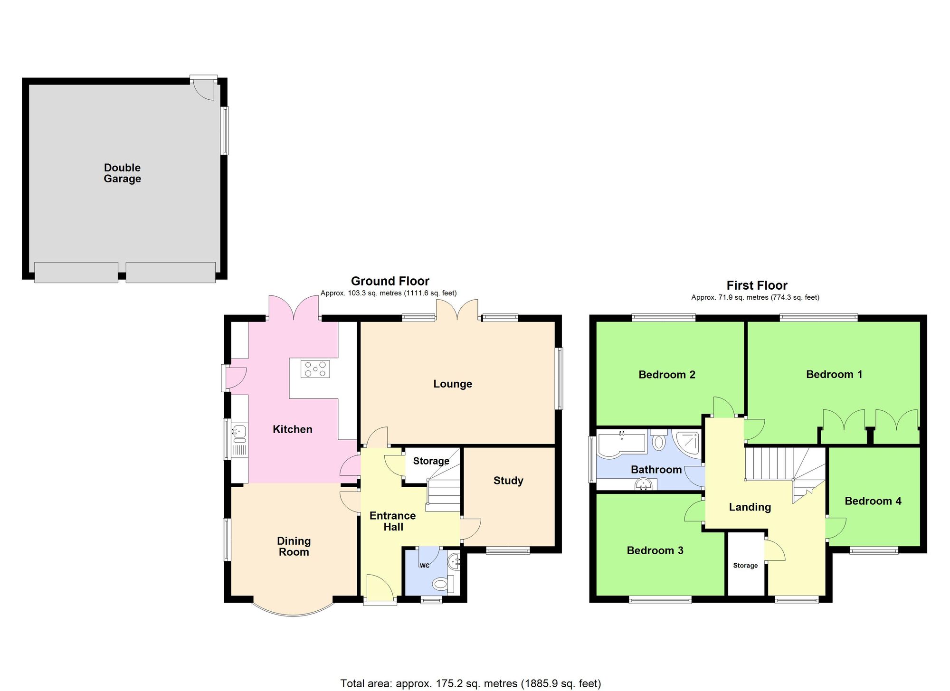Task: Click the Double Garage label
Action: point(123,173)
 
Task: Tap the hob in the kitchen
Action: point(315,369)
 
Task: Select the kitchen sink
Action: point(239,432)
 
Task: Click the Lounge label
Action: point(453,384)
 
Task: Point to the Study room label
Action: point(508,481)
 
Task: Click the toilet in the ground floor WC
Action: point(440,583)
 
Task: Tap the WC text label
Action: point(425,566)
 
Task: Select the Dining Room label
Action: point(294,546)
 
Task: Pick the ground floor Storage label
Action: point(431,461)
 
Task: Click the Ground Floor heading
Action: point(390,281)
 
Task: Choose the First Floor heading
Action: point(757,285)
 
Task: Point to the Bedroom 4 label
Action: point(873,501)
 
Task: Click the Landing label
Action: point(750,507)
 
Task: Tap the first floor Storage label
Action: point(745,566)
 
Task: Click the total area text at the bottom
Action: point(470,683)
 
